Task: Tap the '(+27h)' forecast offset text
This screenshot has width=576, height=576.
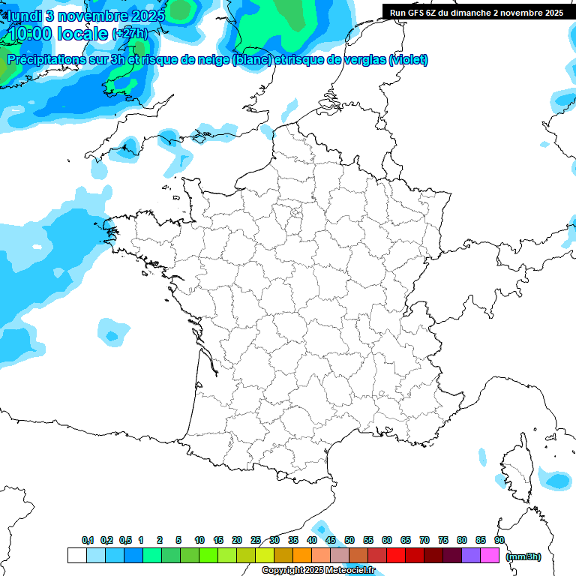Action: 130,34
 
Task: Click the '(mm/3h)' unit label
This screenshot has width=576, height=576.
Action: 524,556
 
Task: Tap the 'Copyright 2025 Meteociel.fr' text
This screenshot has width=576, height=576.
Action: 318,571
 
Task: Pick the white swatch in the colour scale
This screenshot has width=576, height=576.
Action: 76,555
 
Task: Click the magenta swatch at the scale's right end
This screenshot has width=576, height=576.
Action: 490,555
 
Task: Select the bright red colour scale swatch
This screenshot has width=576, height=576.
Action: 396,555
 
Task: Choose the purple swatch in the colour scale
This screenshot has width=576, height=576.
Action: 471,555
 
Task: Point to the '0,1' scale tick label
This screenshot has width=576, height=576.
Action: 88,541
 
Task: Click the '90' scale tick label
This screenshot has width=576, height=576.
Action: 499,541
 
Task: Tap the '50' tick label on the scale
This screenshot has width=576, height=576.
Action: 349,541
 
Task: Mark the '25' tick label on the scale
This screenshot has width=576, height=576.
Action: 256,541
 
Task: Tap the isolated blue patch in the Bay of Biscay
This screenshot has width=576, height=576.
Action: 111,331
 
